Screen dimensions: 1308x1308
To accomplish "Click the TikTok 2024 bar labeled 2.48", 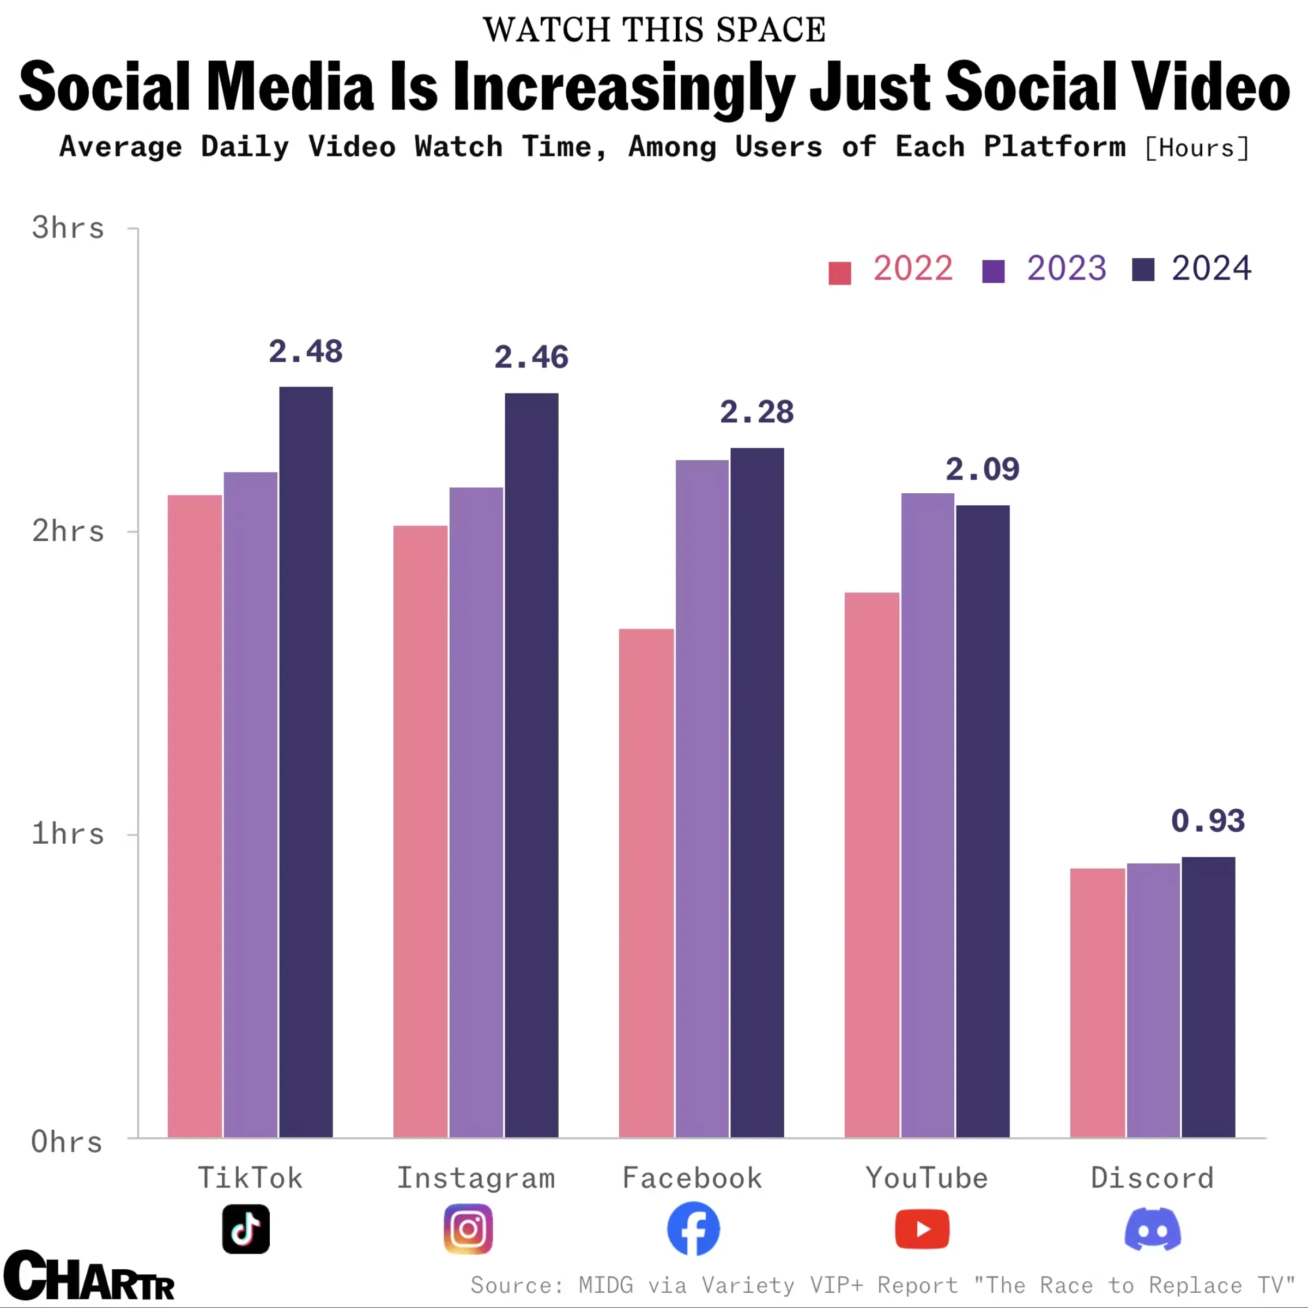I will click(306, 762).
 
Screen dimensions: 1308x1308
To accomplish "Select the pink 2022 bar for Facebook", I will click(646, 883).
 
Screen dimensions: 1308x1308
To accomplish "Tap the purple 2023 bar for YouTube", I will click(928, 815).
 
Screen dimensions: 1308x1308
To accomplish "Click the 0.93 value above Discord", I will click(1208, 821).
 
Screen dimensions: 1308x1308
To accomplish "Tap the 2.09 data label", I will click(982, 470).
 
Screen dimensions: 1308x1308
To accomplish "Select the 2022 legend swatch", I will click(839, 273).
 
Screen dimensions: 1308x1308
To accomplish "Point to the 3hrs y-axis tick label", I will click(68, 228).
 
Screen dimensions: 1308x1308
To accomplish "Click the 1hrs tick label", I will click(68, 834).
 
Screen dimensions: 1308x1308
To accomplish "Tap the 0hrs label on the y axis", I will click(67, 1142).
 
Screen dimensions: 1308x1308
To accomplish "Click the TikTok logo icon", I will click(246, 1229).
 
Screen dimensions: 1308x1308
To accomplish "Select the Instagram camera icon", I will click(468, 1229).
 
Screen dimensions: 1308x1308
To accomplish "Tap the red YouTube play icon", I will click(922, 1229).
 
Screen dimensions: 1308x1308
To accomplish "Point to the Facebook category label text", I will click(692, 1178).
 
